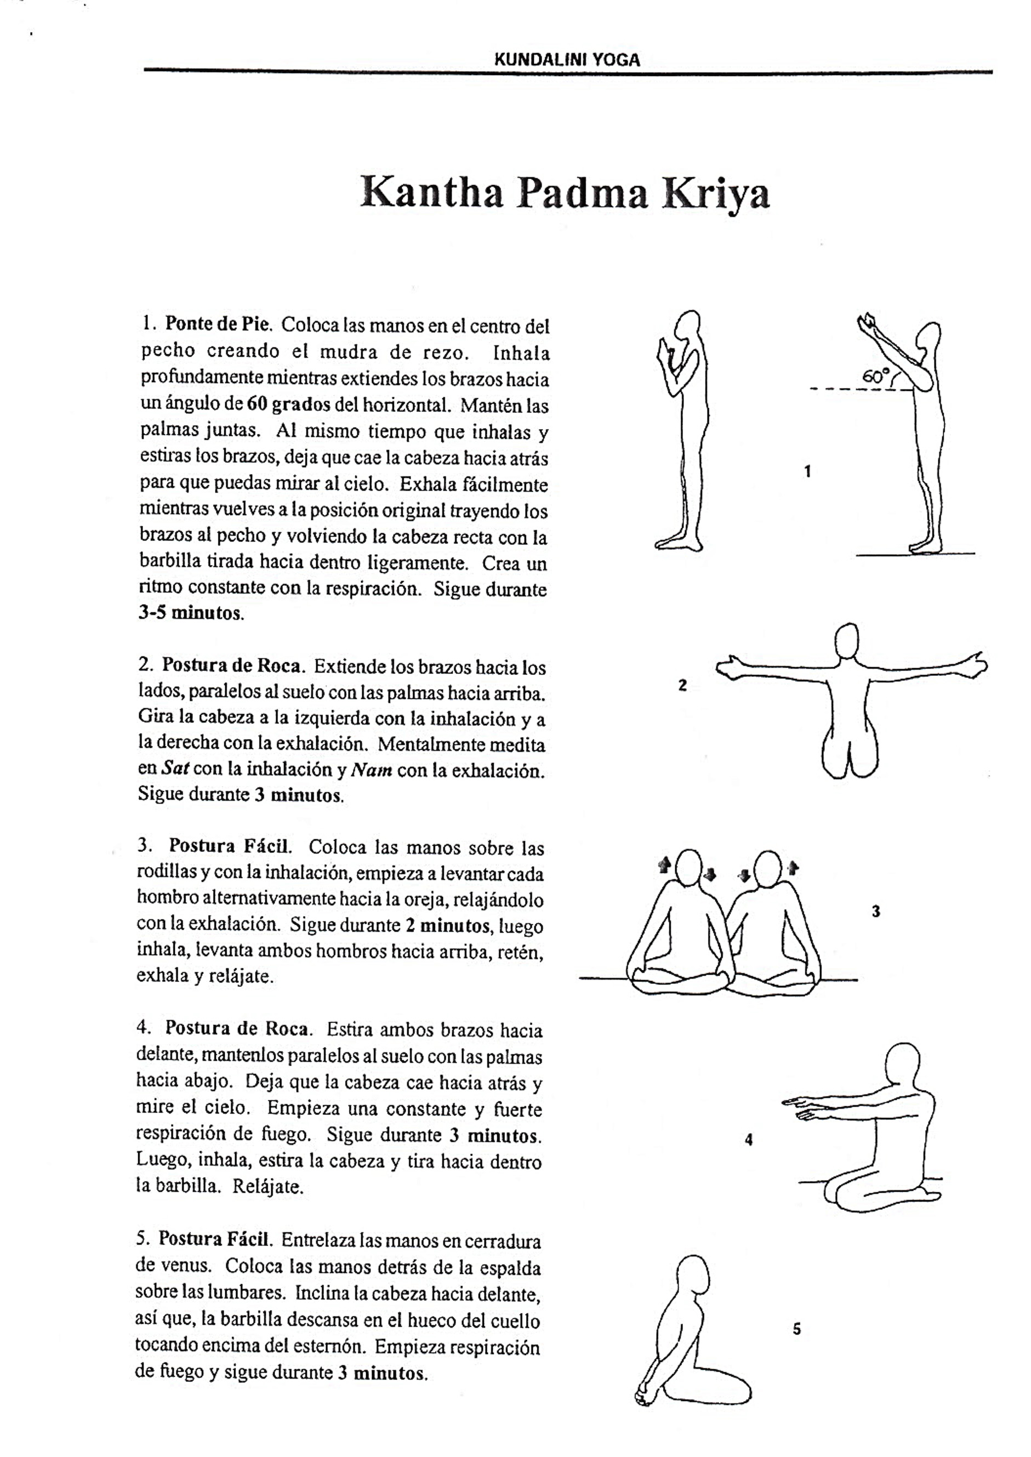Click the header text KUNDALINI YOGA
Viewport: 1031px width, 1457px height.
coord(567,60)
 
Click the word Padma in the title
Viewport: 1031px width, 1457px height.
coord(582,193)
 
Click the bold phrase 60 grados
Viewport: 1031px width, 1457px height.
coord(288,404)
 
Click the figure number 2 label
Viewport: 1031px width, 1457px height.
coord(682,686)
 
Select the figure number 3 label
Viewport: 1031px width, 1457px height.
coord(876,912)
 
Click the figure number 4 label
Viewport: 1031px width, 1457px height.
coord(749,1140)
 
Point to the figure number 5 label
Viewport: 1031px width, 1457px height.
coord(797,1329)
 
